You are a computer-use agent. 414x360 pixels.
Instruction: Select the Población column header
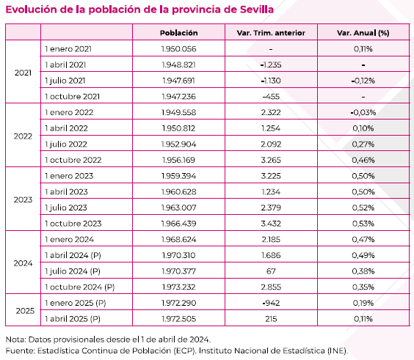coord(179,33)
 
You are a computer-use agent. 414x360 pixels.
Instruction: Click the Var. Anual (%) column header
coord(363,33)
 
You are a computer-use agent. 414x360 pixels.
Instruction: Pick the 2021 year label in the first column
coord(23,73)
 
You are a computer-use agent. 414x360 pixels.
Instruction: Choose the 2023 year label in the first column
coord(23,199)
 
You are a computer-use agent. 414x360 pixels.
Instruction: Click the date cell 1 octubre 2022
coord(73,160)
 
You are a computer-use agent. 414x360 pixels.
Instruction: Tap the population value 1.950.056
coord(178,48)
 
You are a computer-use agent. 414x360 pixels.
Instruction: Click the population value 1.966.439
coord(178,224)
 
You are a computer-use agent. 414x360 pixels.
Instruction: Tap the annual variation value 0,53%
coord(363,224)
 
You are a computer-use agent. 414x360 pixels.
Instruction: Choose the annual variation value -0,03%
coord(363,112)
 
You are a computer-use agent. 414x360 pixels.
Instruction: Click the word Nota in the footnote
coord(15,339)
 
